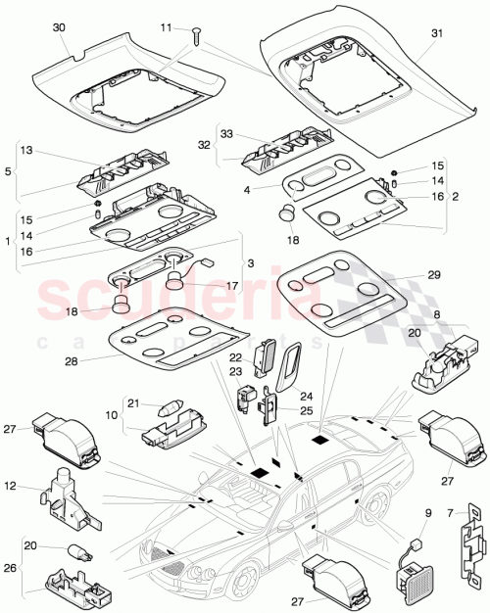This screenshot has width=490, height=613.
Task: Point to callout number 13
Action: coord(25,151)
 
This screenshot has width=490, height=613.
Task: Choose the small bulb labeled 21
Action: coord(163,404)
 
